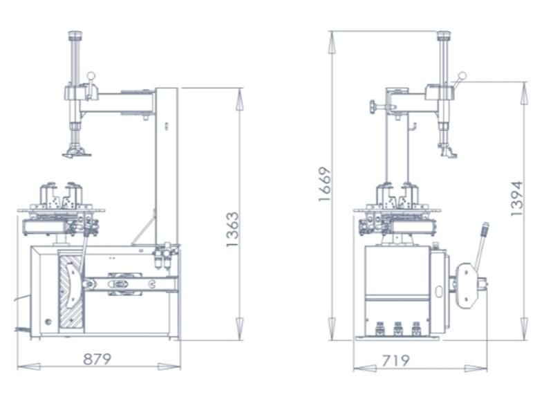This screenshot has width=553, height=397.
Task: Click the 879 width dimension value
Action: [x=97, y=359]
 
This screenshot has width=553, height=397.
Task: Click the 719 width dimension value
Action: [x=395, y=360]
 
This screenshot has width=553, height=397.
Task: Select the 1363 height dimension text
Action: [x=232, y=230]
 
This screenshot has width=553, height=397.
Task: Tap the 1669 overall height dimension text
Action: [x=325, y=184]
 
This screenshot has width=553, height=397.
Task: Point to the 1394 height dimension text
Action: [x=516, y=198]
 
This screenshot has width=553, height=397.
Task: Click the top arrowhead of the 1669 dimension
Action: [x=332, y=42]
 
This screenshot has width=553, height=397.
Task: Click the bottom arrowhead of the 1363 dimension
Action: [x=239, y=329]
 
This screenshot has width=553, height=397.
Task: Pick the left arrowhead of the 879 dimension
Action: [x=29, y=367]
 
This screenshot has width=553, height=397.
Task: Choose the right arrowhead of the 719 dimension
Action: [x=476, y=369]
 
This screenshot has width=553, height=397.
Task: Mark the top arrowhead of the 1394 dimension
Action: [x=525, y=93]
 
